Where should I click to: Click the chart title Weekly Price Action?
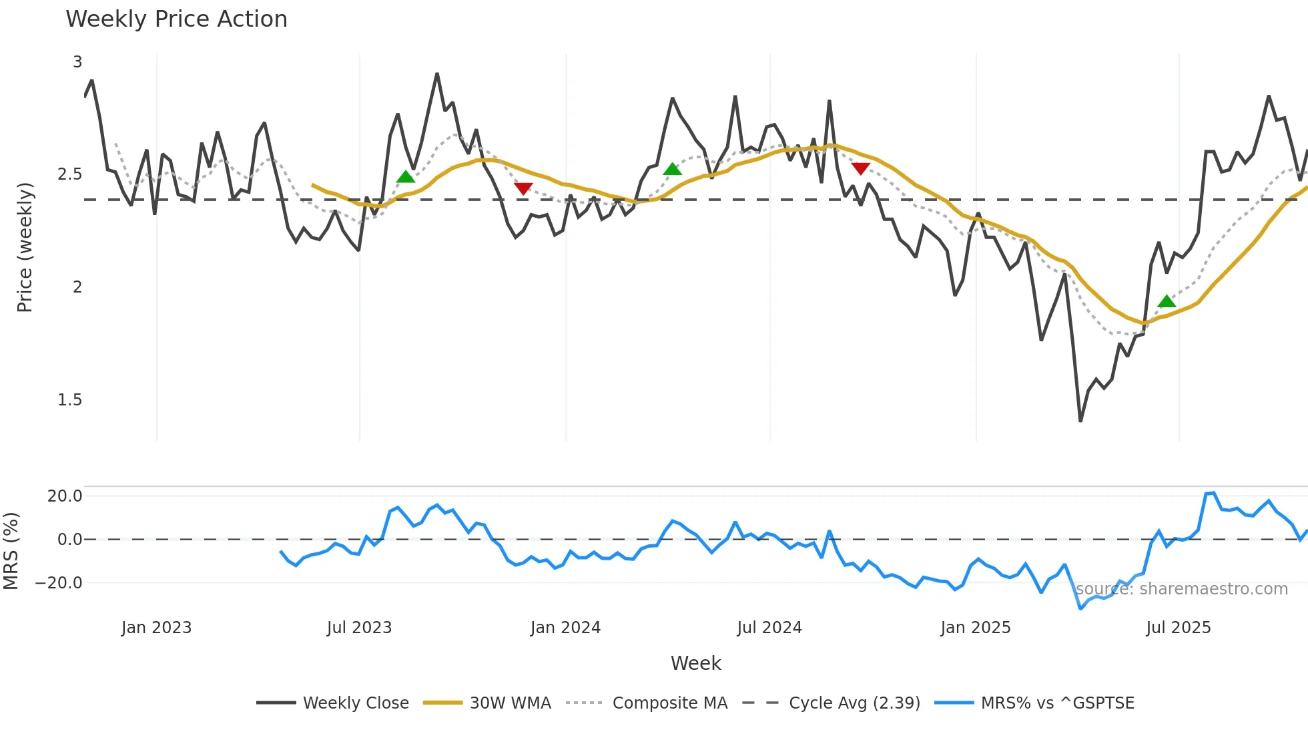176,19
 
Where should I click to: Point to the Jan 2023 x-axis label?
156,628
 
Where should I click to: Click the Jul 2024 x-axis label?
769,628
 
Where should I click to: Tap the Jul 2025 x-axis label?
1178,628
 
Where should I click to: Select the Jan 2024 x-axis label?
565,628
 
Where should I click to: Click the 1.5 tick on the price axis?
69,400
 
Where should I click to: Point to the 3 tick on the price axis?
77,62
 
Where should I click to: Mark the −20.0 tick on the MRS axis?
59,583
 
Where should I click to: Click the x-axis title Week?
695,663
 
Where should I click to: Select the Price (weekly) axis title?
25,247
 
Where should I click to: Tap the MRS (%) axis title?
11,551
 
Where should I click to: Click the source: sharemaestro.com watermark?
1181,589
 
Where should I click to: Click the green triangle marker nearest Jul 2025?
1167,302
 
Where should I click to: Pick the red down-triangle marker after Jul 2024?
861,168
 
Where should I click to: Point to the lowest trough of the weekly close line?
1080,420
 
